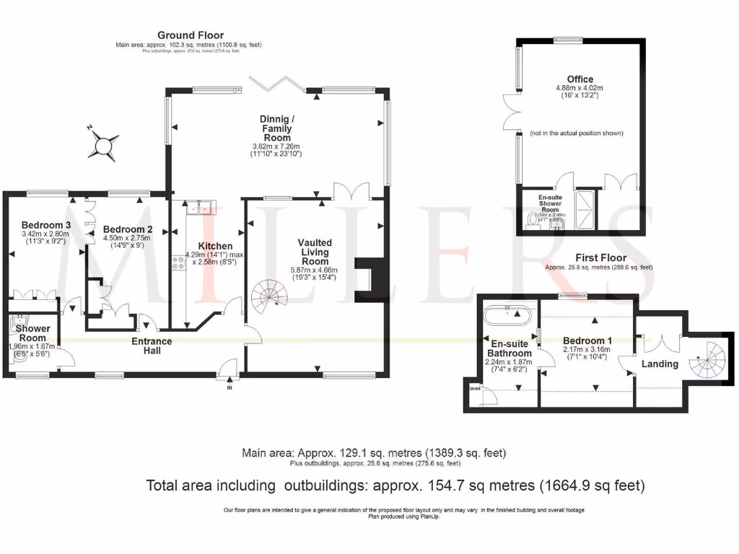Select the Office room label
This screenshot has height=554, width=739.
click(x=580, y=79)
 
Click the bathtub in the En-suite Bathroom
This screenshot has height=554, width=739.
click(x=510, y=314)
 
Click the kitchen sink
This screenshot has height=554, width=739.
click(x=201, y=208)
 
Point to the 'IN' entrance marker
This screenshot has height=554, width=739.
click(x=230, y=387)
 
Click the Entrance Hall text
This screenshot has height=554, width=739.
click(x=152, y=346)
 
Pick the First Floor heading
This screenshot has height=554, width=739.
click(x=600, y=258)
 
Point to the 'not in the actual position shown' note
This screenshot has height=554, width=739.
click(x=575, y=133)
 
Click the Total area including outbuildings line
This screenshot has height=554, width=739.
click(x=395, y=485)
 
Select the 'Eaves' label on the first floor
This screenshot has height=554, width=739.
click(x=474, y=387)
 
